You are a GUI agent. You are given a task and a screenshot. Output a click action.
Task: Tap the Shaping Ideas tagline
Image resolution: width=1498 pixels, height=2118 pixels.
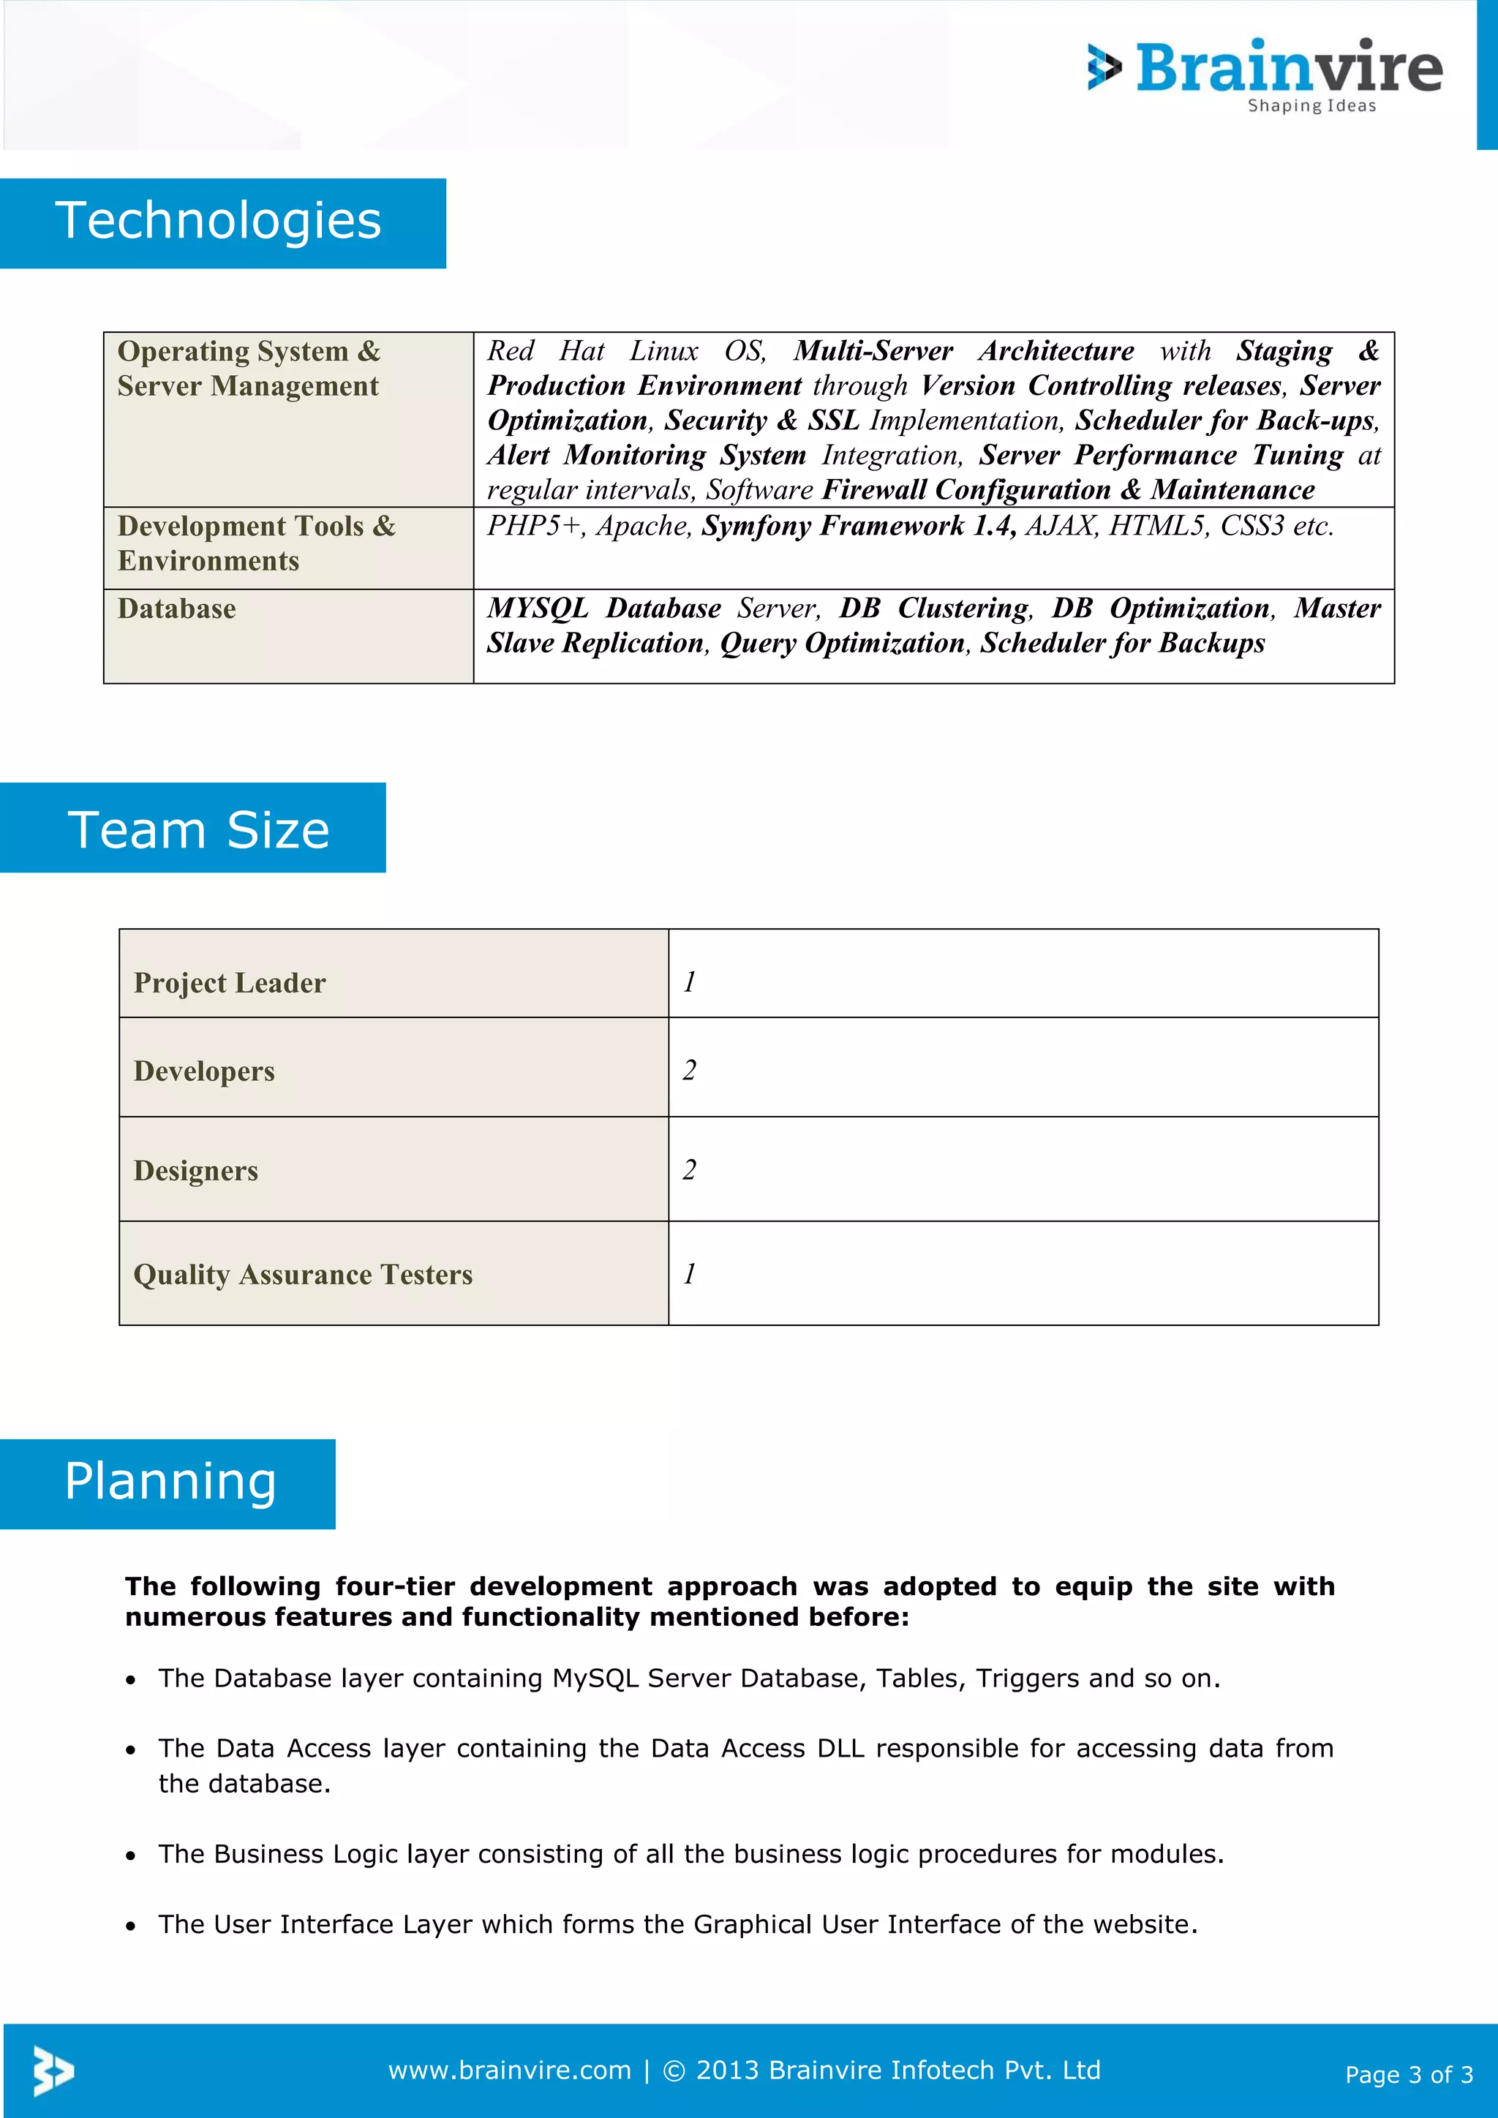(1311, 106)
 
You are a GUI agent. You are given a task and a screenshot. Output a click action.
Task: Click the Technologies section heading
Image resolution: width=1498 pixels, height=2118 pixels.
(219, 222)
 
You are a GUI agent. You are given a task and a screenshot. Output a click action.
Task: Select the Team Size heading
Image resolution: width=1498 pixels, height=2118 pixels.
(198, 829)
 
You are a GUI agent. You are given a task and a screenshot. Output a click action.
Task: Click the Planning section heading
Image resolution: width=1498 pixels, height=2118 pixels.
(170, 1482)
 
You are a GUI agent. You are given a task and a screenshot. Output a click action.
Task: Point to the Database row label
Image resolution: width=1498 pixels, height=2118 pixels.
(176, 608)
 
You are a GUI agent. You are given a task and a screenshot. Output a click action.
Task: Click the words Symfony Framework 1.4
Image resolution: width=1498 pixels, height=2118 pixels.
(858, 526)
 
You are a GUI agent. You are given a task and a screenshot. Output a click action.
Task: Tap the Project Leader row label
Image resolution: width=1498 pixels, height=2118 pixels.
(229, 982)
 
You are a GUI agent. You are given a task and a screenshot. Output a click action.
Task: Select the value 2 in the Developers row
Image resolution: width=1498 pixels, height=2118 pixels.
(689, 1070)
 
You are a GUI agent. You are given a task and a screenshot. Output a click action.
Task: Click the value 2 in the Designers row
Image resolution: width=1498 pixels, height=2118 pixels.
(689, 1169)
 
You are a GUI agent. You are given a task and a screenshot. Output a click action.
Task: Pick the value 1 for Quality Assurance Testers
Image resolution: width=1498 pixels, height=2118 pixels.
(689, 1274)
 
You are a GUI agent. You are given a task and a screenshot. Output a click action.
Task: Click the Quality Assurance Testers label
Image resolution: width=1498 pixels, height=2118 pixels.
(303, 1274)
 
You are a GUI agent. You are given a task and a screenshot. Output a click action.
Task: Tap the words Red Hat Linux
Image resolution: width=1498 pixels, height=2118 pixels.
(592, 352)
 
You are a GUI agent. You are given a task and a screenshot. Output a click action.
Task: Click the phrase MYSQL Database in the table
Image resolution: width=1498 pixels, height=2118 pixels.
(603, 608)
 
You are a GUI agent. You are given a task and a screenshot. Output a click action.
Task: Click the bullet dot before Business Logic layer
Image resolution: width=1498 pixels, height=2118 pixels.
(132, 1855)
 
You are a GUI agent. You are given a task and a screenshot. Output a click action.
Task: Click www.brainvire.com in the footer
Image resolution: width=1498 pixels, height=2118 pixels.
(509, 2070)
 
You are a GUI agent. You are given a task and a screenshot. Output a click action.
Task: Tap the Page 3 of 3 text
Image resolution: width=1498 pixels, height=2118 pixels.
(1409, 2075)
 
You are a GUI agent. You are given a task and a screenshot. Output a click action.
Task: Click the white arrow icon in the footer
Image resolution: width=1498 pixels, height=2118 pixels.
(53, 2070)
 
